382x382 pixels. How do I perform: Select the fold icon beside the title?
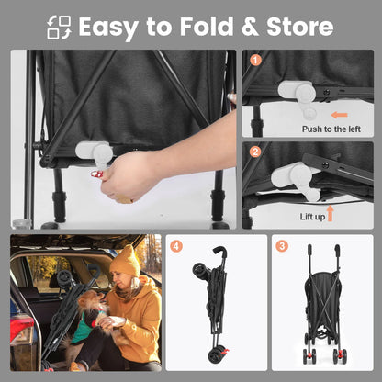point(59,27)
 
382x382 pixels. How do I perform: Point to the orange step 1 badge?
point(255,61)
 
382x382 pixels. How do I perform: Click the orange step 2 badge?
point(255,152)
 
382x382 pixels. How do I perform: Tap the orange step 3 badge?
point(283,246)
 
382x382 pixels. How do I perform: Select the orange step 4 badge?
point(176,246)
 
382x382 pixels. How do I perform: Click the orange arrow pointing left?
point(339,116)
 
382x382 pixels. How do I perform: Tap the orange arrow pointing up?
point(330,213)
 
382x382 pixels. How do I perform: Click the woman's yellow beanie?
point(125,263)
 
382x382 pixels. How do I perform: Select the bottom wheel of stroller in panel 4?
point(217,354)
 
